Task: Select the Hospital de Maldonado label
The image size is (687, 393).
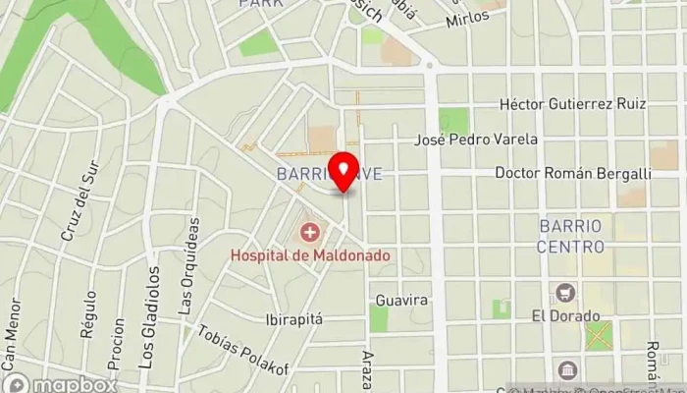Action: [310, 254]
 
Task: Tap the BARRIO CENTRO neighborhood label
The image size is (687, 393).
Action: [570, 236]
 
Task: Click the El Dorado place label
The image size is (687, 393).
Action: [565, 316]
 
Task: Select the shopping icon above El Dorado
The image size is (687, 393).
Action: [565, 293]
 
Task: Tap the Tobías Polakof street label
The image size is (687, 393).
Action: [243, 351]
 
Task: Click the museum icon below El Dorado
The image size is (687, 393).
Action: [565, 370]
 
